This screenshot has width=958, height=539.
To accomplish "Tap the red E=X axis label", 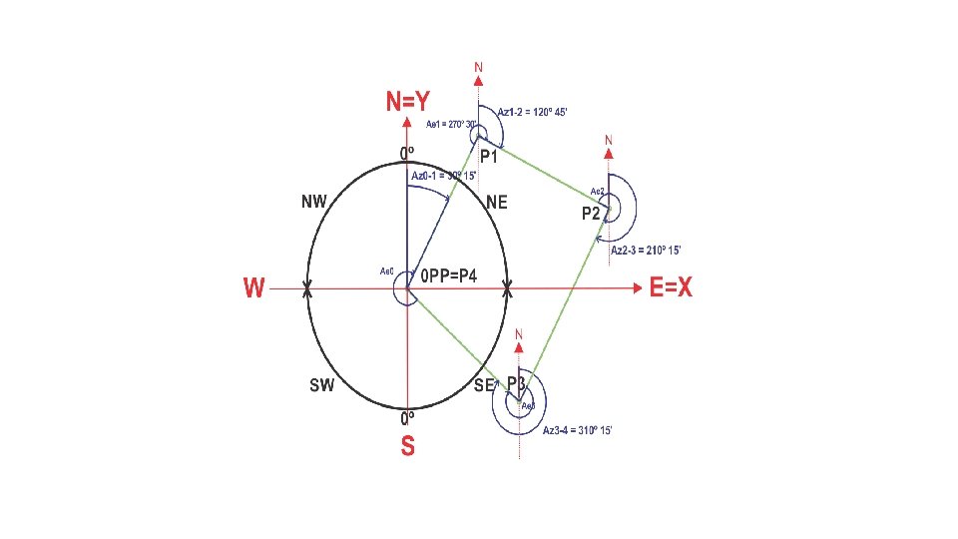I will [x=671, y=288].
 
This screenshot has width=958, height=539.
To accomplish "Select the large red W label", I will [x=254, y=288].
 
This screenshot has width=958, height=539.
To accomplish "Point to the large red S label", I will [x=407, y=446].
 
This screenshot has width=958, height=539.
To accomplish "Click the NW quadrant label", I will [x=314, y=202].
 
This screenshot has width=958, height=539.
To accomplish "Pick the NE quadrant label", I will [x=496, y=203].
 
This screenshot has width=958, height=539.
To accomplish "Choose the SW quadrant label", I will [x=321, y=384].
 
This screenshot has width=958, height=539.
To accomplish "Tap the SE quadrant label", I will [x=485, y=384].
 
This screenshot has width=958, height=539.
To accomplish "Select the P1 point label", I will [x=489, y=158].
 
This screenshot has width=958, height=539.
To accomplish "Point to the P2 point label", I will [x=592, y=214].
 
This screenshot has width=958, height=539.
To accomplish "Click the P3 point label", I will [x=517, y=383].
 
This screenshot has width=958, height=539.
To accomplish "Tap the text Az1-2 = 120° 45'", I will [x=532, y=112].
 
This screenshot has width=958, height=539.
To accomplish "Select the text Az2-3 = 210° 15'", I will [x=646, y=250].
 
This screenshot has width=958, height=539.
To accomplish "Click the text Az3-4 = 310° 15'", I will [x=577, y=430].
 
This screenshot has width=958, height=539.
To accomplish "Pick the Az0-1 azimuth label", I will [x=444, y=176].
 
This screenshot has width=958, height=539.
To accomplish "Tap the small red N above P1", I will [x=478, y=68].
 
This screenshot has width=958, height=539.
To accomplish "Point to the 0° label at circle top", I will [x=407, y=153].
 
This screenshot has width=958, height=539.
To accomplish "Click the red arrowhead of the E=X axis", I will [x=637, y=289].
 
